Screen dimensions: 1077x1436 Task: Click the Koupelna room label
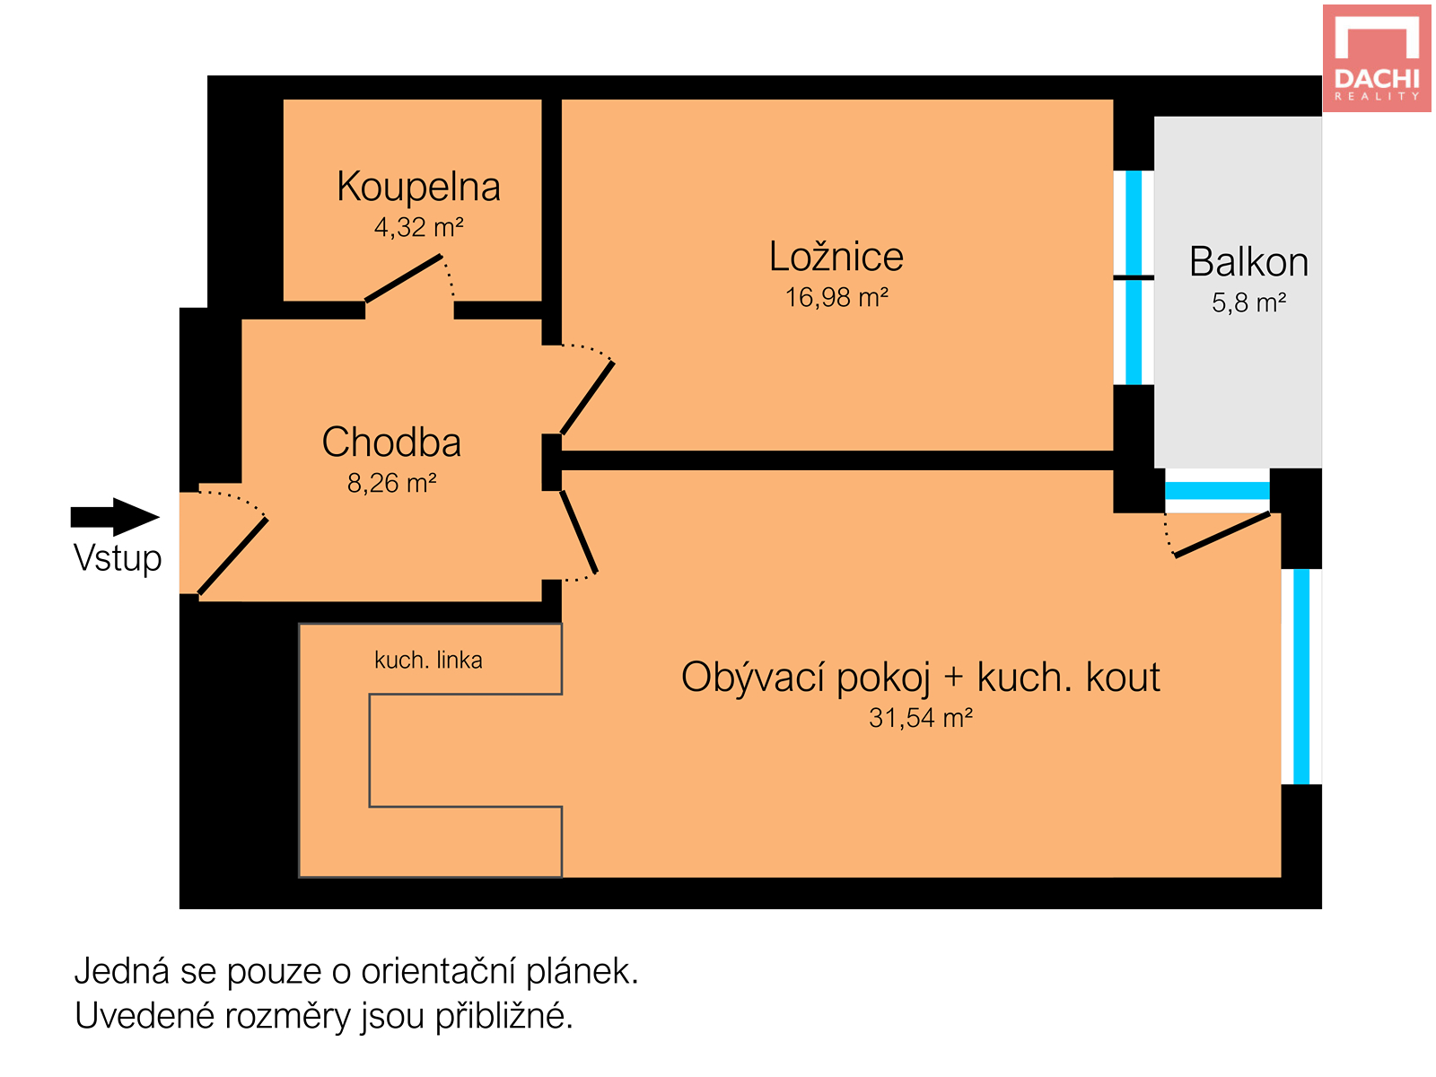(x=418, y=187)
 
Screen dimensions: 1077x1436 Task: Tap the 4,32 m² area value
(x=418, y=228)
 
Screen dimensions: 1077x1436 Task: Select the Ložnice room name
(x=836, y=257)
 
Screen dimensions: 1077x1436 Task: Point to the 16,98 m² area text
(x=836, y=298)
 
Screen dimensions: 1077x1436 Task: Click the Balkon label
(x=1248, y=262)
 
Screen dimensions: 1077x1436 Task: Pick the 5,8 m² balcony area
(x=1248, y=303)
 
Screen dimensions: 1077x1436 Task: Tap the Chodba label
(x=391, y=442)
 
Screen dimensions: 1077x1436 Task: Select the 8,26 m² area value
(x=391, y=484)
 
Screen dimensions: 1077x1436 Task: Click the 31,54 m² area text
(x=920, y=718)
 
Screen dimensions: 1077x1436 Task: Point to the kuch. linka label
(x=428, y=661)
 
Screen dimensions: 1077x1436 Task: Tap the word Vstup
(x=118, y=558)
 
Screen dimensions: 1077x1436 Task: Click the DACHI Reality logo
(x=1376, y=58)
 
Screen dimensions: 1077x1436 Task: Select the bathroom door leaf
(x=404, y=278)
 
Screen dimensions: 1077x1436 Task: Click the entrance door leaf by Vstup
(x=232, y=556)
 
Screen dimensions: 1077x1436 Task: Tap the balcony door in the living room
(x=1222, y=535)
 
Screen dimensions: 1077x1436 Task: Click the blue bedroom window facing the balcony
(x=1134, y=278)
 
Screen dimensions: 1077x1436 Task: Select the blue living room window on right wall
(x=1300, y=677)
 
